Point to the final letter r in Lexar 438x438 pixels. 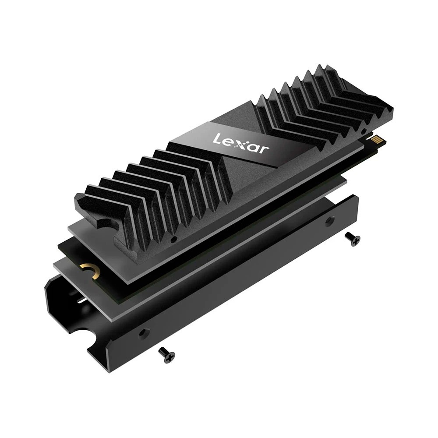click(264, 150)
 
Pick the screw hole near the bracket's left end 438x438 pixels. click(143, 333)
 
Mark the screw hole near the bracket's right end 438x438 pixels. click(330, 221)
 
